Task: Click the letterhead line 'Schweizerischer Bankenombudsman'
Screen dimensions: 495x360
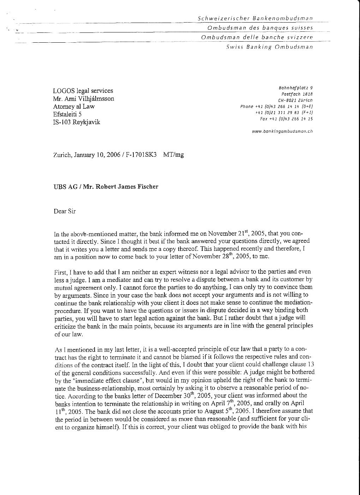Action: point(255,18)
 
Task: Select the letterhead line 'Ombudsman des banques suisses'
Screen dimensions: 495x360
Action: point(260,28)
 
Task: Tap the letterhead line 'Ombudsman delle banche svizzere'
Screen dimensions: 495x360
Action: point(257,37)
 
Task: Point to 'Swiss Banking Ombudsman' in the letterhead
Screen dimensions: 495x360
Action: point(269,47)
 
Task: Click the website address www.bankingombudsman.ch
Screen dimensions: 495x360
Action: point(282,131)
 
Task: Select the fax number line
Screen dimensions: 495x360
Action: point(286,119)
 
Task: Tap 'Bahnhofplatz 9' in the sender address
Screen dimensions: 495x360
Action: point(295,87)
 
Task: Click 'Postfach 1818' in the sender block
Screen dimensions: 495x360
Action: point(297,94)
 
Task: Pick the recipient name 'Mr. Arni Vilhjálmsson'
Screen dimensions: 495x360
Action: point(84,99)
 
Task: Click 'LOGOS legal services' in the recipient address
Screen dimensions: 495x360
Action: point(83,91)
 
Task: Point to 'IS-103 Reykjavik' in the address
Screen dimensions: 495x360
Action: point(77,122)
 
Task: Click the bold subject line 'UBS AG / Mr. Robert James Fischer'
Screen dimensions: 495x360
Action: point(106,187)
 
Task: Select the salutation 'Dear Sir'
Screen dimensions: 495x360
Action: point(65,211)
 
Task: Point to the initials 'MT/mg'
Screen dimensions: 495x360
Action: point(174,155)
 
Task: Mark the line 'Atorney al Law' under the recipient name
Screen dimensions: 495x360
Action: point(74,107)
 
